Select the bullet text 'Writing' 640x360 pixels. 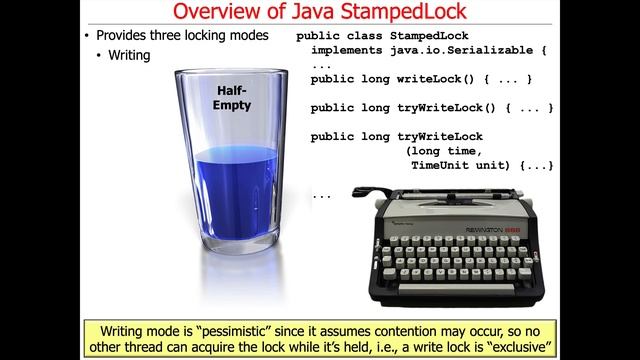click(x=130, y=56)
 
